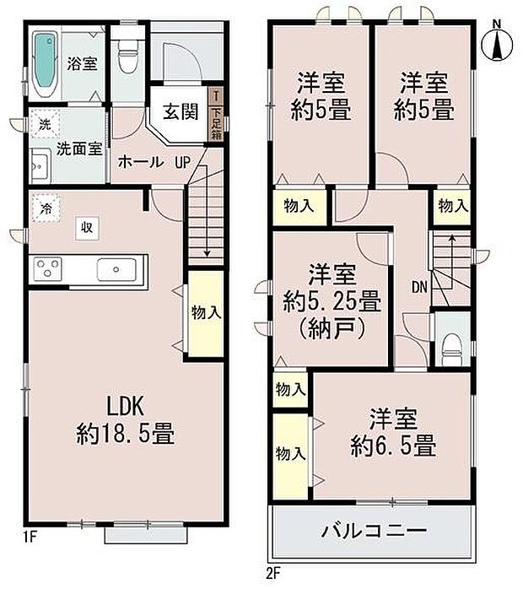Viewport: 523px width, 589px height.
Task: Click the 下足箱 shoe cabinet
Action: click(217, 116)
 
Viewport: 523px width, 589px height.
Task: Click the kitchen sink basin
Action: click(115, 270)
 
